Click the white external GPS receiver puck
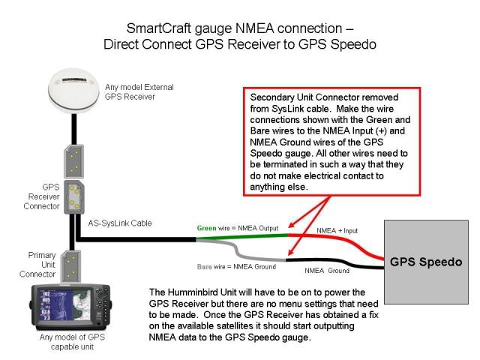(73, 89)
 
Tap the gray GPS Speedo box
(426, 262)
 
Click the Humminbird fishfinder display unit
(70, 307)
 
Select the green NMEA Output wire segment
(241, 237)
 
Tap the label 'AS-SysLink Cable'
(120, 223)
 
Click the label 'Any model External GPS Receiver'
(139, 91)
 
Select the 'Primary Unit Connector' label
(37, 265)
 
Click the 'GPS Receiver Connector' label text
(42, 196)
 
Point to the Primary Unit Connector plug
(70, 266)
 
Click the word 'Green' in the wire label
(207, 228)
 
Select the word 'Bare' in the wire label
(205, 267)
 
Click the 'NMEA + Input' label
(337, 230)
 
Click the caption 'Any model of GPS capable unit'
(72, 342)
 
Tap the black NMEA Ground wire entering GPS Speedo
(335, 263)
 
